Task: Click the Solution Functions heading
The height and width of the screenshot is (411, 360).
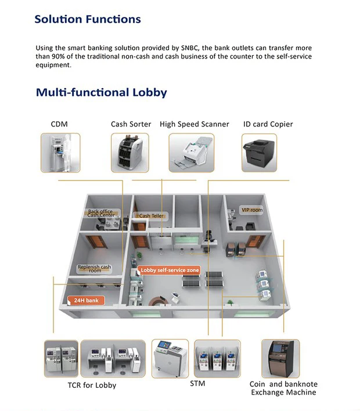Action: click(x=87, y=19)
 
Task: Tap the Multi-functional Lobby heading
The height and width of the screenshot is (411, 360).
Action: click(x=101, y=92)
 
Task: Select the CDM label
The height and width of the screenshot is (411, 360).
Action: click(x=59, y=124)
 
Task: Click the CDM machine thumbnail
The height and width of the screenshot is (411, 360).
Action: click(x=60, y=152)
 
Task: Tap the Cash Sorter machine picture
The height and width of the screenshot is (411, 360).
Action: click(x=129, y=152)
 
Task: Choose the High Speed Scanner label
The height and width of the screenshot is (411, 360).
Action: click(x=194, y=124)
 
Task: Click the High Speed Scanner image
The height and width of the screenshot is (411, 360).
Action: click(x=191, y=153)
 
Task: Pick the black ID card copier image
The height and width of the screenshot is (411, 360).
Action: click(x=259, y=152)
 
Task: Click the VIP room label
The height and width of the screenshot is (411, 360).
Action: click(x=251, y=210)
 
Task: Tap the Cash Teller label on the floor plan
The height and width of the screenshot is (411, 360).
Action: click(x=151, y=216)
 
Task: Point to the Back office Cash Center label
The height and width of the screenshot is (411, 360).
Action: click(x=101, y=214)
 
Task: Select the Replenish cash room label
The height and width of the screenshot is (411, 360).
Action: click(x=94, y=269)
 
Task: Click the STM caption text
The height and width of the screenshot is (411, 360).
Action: click(x=197, y=384)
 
